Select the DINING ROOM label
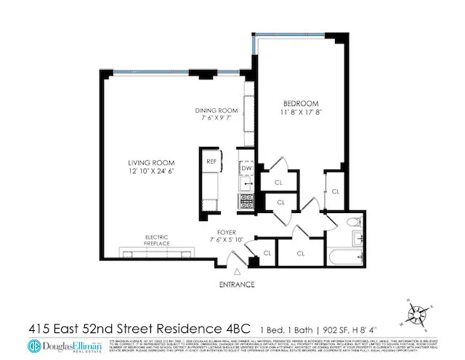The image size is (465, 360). [x=217, y=111]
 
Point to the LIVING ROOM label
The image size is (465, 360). [x=150, y=162]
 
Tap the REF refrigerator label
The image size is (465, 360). [x=211, y=161]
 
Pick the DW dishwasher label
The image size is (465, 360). [x=247, y=167]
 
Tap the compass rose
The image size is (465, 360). [x=417, y=315]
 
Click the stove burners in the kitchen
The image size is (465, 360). [x=247, y=199]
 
